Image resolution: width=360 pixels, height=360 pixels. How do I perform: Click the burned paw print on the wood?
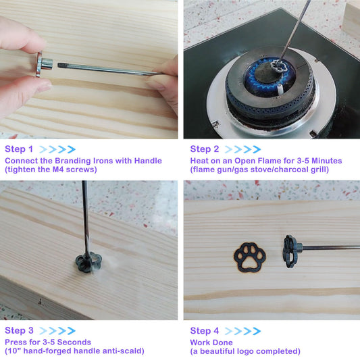click(249, 257)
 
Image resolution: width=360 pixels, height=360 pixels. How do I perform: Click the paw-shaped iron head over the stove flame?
click(278, 66)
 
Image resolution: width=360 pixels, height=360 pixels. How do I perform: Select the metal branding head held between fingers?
click(45, 64)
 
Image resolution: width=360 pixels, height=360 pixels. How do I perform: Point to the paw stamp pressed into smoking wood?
click(88, 262)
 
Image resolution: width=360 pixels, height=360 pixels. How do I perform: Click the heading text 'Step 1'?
click(19, 149)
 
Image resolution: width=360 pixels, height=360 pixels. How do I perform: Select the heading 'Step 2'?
click(205, 149)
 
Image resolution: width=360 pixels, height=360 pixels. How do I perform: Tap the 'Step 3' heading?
click(19, 330)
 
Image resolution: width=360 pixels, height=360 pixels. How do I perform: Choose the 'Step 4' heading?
click(205, 330)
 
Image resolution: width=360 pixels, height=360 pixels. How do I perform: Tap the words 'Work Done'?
click(211, 342)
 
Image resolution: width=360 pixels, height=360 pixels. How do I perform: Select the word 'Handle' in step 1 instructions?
click(148, 161)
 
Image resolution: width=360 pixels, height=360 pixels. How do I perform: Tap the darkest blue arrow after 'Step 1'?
click(72, 149)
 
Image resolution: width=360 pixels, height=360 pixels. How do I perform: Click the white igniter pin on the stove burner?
click(280, 89)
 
